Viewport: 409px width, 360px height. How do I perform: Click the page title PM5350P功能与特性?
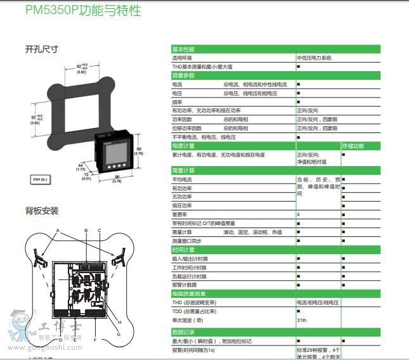pos(83,11)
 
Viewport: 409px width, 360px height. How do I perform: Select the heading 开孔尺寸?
pos(42,49)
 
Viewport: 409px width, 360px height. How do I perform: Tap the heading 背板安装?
pos(42,210)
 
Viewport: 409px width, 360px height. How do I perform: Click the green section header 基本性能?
pos(184,49)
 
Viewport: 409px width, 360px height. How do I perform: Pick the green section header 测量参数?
pos(184,75)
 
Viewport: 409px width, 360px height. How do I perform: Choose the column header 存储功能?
pos(354,146)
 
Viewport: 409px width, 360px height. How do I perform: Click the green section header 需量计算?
pos(184,170)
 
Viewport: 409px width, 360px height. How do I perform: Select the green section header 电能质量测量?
pos(188,294)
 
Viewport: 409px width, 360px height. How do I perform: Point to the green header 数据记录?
pos(184,331)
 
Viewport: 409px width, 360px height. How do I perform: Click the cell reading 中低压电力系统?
pos(314,58)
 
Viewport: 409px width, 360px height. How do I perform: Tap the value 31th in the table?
pos(302,320)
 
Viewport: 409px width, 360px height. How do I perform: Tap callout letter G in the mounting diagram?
pos(118,334)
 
